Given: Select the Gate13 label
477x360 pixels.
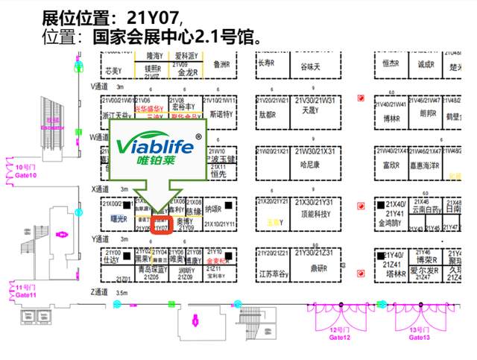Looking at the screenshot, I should click(420, 333).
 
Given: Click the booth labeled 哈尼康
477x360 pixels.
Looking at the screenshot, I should click(309, 164).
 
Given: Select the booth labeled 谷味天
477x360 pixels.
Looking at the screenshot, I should click(310, 67).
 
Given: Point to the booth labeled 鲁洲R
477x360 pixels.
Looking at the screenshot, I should click(221, 65).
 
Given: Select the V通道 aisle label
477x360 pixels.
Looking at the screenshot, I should click(99, 86).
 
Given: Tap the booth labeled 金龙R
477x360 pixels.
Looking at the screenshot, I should click(186, 72).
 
